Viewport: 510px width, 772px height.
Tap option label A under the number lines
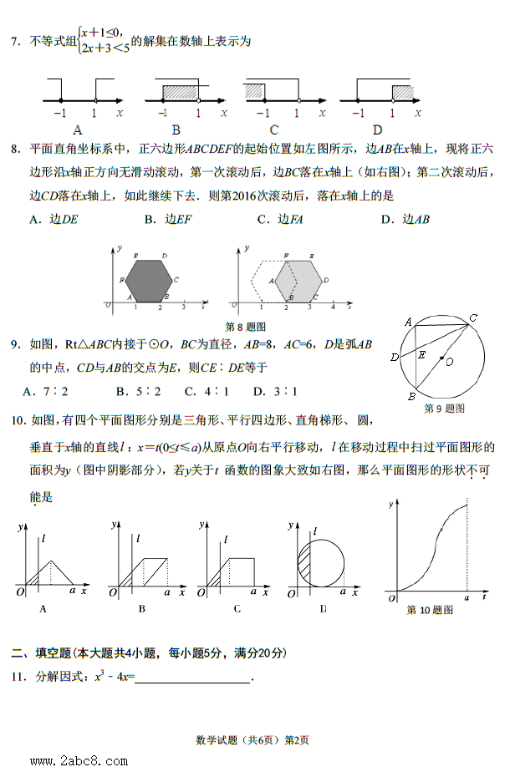[78, 130]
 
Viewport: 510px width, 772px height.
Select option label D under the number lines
[377, 130]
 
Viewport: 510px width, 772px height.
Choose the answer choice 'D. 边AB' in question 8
[405, 220]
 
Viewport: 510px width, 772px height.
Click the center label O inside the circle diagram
[450, 362]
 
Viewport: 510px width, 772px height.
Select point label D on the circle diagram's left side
[394, 358]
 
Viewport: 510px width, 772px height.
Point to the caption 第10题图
[430, 611]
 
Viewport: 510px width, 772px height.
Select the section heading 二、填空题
[40, 653]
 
